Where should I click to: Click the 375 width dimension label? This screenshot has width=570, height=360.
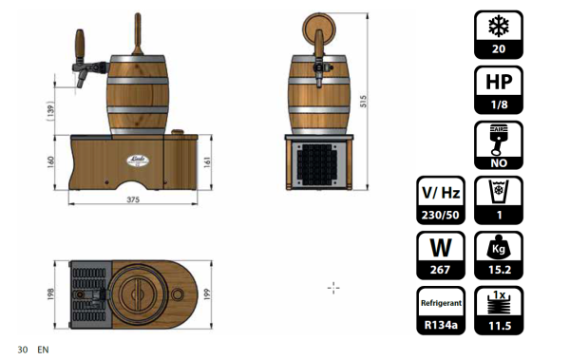click(x=133, y=199)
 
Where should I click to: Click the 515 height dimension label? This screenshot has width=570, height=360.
click(x=363, y=101)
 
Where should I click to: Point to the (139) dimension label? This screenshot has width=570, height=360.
click(x=50, y=111)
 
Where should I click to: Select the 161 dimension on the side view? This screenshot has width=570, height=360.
click(x=207, y=161)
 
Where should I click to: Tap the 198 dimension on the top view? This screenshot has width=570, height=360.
click(x=50, y=294)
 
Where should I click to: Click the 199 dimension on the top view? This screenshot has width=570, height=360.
click(x=207, y=294)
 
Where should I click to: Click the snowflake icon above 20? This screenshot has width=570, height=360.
click(x=499, y=26)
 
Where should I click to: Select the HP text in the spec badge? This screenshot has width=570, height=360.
click(x=499, y=82)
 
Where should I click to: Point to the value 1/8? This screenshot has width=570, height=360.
click(x=499, y=105)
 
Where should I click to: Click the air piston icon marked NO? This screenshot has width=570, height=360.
click(x=499, y=141)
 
